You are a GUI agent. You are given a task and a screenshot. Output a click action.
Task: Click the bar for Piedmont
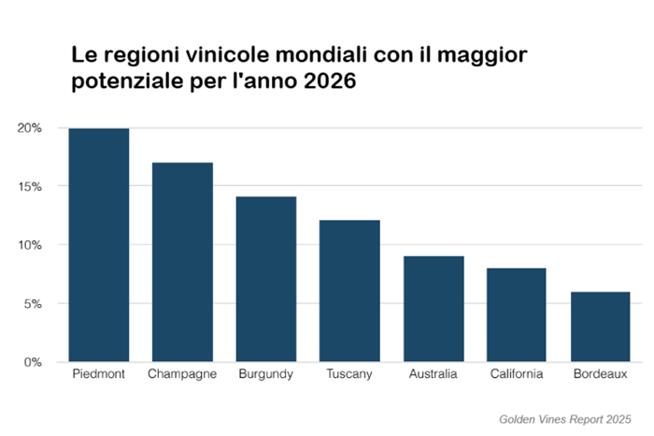[x=99, y=245]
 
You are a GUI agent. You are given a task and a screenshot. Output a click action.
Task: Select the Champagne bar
[x=182, y=262]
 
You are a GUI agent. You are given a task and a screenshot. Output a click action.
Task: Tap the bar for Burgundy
[x=265, y=279]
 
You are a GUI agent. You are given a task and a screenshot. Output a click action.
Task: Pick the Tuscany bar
[x=349, y=291]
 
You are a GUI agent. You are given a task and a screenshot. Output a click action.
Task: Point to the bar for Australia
[x=433, y=309]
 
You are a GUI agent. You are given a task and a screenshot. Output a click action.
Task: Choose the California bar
[x=517, y=314]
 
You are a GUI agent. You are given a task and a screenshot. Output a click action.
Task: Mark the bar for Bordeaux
[x=600, y=327]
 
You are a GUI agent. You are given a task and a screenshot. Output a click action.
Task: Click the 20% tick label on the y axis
[x=30, y=128]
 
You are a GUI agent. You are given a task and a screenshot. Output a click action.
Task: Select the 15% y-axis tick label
[x=30, y=186]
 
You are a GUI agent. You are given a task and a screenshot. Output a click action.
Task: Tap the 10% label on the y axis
[x=30, y=245]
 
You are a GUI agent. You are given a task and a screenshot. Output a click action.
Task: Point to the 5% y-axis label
[x=33, y=303]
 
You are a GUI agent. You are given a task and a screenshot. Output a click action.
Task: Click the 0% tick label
[x=33, y=362]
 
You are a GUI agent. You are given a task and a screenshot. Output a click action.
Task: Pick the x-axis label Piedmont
[x=99, y=375]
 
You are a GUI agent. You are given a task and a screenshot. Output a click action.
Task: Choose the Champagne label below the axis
[x=182, y=375]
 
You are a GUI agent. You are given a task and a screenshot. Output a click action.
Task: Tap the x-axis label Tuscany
[x=349, y=375]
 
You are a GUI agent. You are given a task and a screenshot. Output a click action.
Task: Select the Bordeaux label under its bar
[x=600, y=375]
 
